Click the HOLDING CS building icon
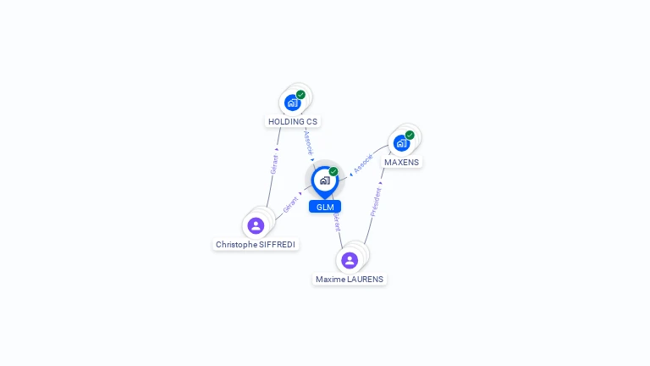point(293,103)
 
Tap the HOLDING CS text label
point(293,121)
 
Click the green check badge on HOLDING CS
point(300,95)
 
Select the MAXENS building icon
point(401,142)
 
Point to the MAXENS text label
point(401,162)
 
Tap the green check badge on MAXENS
point(410,135)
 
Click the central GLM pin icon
point(324,180)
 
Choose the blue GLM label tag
point(325,207)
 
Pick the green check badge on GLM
point(333,171)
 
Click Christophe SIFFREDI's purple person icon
point(256,225)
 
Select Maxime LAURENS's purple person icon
point(350,260)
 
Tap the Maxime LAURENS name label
point(350,279)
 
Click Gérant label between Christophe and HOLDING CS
point(274,164)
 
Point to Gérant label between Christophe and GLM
point(290,203)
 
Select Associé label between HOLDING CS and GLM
point(308,141)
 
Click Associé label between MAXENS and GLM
point(363,164)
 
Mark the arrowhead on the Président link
point(381,182)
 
